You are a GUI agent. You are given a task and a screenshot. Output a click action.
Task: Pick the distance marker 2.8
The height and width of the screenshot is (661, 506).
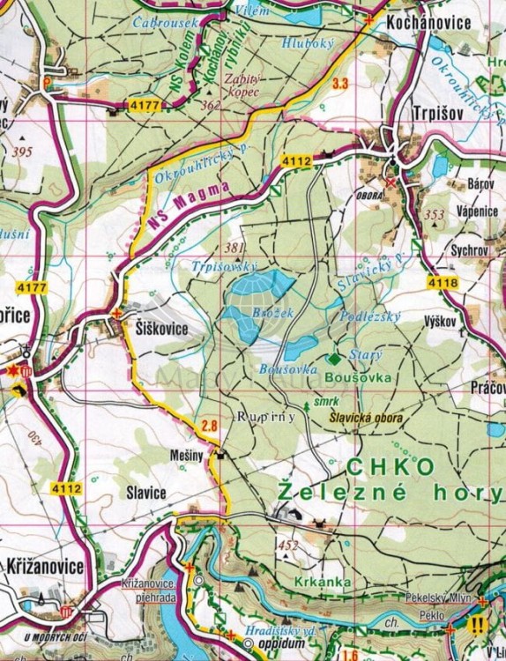pos(209,427)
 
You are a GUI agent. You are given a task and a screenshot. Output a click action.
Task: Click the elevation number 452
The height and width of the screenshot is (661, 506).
pos(288,546)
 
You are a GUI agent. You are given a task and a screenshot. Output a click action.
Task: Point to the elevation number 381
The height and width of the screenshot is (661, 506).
pos(234,247)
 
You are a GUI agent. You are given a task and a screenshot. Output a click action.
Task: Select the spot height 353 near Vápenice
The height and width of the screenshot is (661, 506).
pos(434,214)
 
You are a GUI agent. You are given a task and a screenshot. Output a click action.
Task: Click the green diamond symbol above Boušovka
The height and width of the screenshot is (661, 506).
pos(333,359)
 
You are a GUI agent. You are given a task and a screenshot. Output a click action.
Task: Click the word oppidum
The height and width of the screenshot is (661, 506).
pos(287,645)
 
